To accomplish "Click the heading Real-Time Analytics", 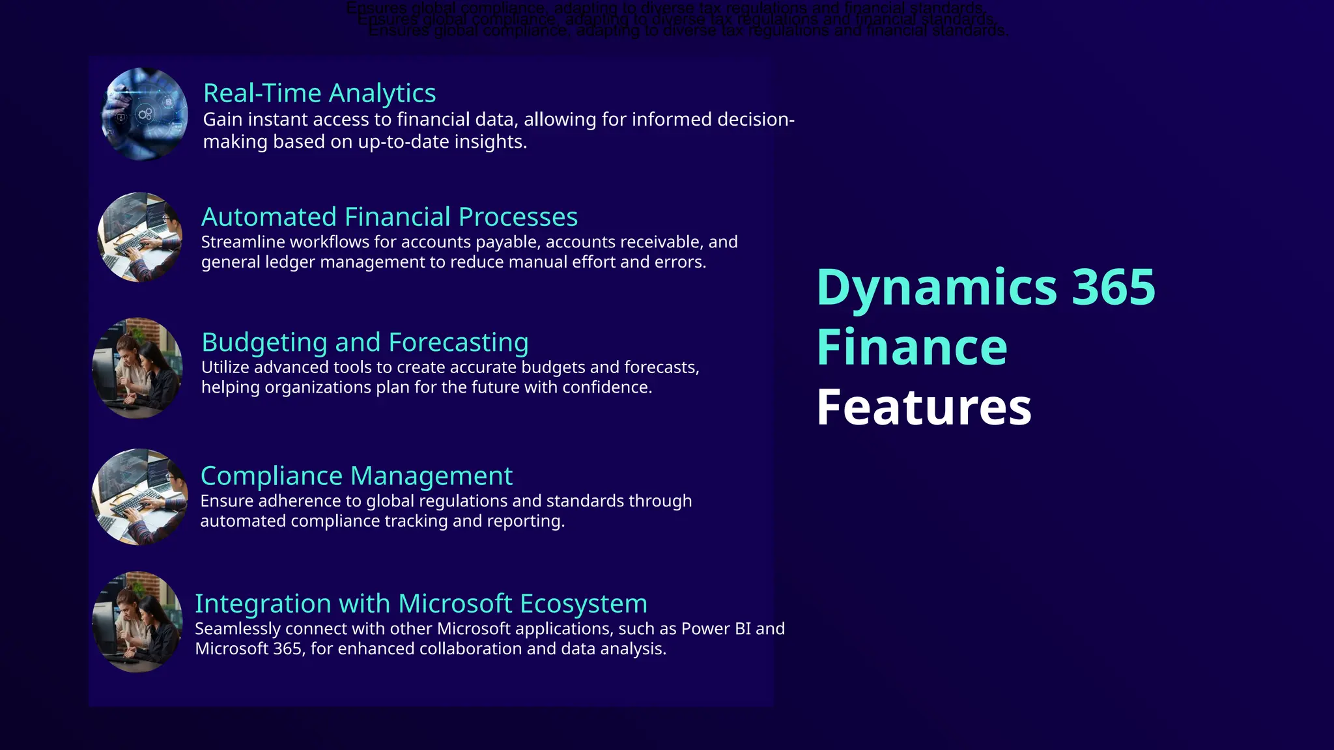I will click(319, 94).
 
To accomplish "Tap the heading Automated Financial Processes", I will click(390, 217).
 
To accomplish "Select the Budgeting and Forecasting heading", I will click(365, 342).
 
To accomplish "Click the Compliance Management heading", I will click(356, 476).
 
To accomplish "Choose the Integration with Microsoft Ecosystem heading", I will click(421, 604).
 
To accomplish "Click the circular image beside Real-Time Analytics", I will click(145, 114).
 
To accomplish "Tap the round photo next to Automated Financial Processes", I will click(140, 237).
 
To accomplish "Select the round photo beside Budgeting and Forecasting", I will click(137, 368).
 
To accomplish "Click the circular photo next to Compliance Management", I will click(139, 497).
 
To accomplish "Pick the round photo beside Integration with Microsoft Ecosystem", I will click(137, 622).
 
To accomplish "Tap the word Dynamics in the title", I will click(937, 287).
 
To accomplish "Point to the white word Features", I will click(924, 408).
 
